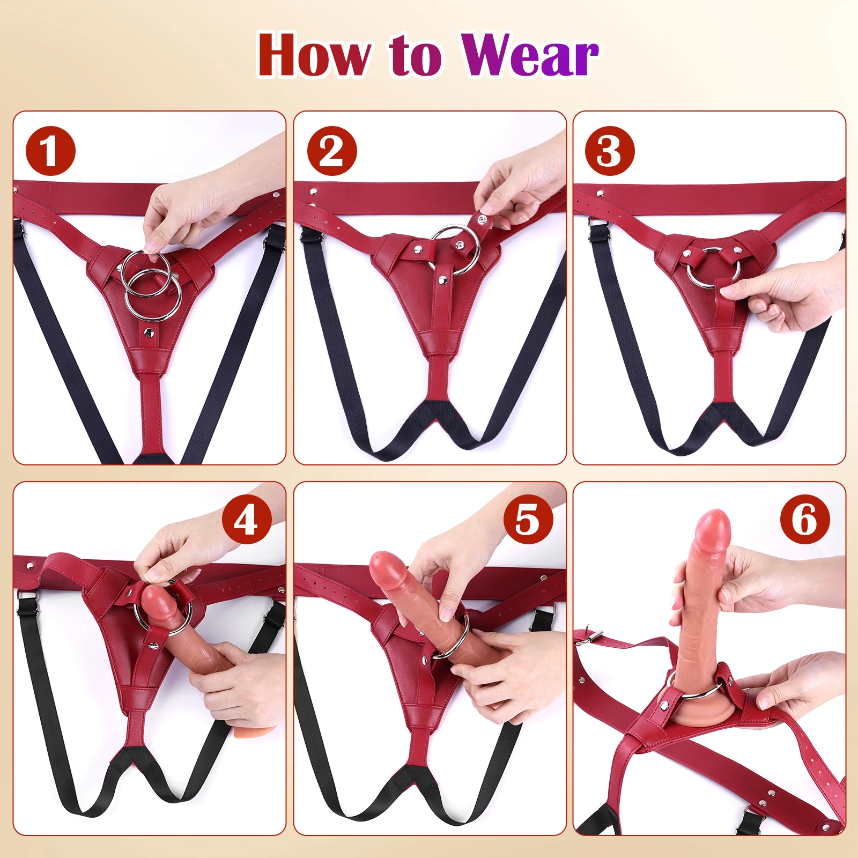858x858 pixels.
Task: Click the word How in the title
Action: (314, 55)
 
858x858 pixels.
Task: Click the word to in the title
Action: (416, 55)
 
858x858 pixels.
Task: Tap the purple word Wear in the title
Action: (530, 55)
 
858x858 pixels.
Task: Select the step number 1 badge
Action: (50, 151)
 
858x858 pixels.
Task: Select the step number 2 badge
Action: (332, 151)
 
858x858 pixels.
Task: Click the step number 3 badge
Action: (610, 151)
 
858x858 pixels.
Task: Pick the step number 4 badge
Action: (247, 520)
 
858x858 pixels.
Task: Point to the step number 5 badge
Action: (528, 520)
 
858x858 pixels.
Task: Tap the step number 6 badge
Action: (805, 520)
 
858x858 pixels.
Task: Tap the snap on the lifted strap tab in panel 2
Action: (482, 220)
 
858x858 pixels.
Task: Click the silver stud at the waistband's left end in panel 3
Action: (600, 193)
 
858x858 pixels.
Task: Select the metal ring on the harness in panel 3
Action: (713, 268)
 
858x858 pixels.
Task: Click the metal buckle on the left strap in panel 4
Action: (24, 596)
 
